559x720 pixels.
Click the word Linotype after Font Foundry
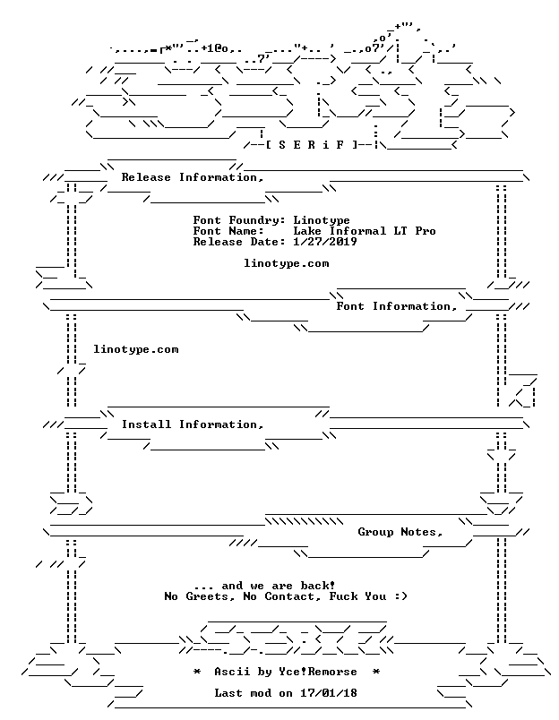[x=322, y=221]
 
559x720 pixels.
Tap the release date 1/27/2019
[x=325, y=242]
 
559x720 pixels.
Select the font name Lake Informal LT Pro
[x=365, y=231]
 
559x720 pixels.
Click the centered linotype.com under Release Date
[x=286, y=263]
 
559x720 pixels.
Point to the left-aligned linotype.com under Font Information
[x=136, y=349]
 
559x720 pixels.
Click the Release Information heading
[x=193, y=177]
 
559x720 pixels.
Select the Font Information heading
[x=397, y=306]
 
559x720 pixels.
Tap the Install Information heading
[x=193, y=424]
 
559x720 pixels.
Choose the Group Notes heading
[x=400, y=532]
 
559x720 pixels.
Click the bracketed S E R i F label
[x=311, y=145]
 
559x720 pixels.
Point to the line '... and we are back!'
[x=264, y=586]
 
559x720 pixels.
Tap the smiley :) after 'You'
[x=400, y=596]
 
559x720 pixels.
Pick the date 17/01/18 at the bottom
[x=329, y=693]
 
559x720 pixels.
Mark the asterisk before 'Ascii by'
[x=196, y=672]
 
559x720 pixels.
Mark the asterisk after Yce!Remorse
[x=375, y=672]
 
